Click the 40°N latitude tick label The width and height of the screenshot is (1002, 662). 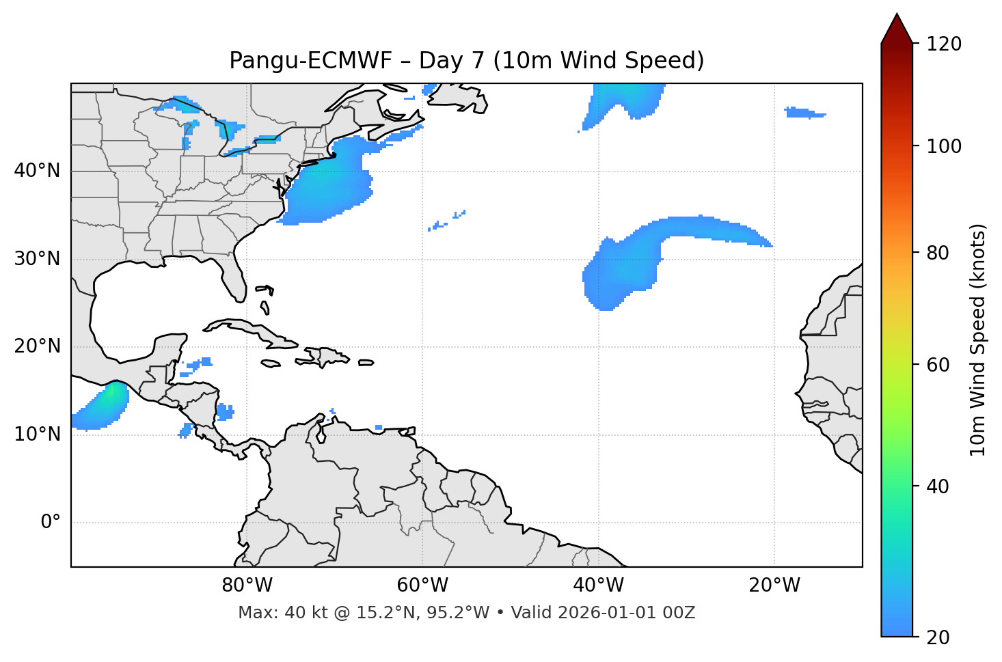(37, 171)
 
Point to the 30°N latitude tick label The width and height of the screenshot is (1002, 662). (37, 259)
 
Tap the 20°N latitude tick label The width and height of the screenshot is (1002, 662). (37, 346)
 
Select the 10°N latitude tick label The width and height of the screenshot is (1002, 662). (37, 435)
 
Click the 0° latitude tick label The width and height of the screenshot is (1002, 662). (51, 523)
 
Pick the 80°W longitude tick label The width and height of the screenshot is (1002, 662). (247, 585)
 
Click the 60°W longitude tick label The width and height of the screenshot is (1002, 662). (422, 585)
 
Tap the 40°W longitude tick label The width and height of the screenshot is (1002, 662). (598, 585)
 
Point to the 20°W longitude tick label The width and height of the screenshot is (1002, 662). (774, 585)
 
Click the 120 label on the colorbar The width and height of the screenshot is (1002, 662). (943, 44)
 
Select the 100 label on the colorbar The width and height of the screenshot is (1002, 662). (943, 146)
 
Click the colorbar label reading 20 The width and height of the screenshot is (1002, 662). (938, 637)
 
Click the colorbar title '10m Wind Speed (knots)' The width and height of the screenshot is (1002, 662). (978, 340)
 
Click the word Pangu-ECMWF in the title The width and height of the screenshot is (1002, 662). (310, 61)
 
